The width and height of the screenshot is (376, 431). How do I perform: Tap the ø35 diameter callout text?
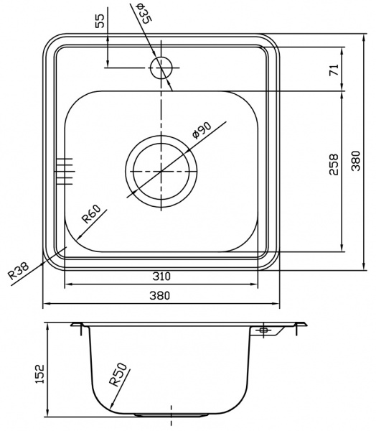click(143, 14)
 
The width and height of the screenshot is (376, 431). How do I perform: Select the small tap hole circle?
click(161, 68)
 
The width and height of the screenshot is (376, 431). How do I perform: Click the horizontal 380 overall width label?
click(161, 295)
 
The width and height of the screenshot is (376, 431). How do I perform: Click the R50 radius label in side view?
click(119, 375)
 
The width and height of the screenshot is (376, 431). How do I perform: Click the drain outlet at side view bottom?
click(171, 416)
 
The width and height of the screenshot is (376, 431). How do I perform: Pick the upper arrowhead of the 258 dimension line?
click(342, 96)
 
